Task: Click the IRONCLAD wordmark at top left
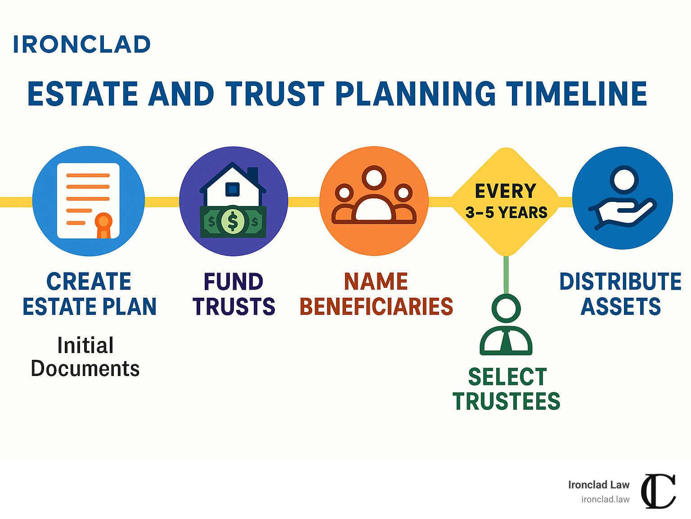pos(82,45)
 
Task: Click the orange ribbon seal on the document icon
pos(103,224)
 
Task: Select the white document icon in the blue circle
pos(88,201)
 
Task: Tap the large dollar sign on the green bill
pos(233,221)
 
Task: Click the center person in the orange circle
pos(374,198)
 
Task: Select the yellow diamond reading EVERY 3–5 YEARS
pos(506,201)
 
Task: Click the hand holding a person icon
pos(623,198)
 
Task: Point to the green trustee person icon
pos(506,326)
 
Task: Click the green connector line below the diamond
pos(506,274)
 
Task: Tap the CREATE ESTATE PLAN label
pos(89,294)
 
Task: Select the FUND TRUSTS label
pos(233,294)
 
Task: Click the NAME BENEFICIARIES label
pos(376,294)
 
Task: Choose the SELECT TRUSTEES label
pos(507,389)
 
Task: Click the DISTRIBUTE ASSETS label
pos(620,294)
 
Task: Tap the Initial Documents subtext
pos(85,357)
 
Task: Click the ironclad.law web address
pos(605,499)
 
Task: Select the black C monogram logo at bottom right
pos(658,491)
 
